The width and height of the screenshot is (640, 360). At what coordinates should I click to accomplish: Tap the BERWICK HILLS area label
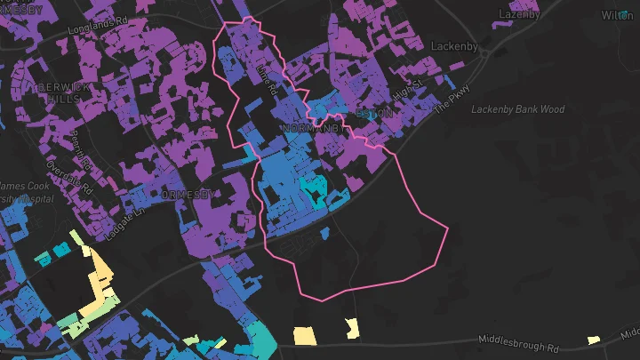point(58,92)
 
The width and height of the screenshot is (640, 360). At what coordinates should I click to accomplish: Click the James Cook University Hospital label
point(25,192)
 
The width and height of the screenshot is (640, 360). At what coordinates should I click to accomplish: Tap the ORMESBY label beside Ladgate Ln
point(188,194)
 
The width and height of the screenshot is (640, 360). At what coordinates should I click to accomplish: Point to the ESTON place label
point(373,115)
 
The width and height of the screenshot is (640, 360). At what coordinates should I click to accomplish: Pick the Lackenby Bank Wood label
point(530,109)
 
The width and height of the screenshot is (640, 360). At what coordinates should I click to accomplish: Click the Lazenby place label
point(519,14)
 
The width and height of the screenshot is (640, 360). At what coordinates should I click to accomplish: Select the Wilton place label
point(617,15)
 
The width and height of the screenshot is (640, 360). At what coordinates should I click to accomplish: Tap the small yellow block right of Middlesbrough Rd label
point(593,340)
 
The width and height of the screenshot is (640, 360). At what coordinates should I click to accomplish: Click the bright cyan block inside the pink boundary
point(312,188)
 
